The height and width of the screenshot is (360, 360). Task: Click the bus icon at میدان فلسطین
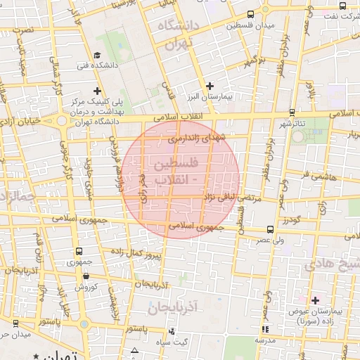pyautogui.click(x=251, y=15)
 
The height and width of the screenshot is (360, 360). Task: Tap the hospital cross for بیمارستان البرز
pyautogui.click(x=210, y=86)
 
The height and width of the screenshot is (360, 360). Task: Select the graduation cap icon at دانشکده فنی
pyautogui.click(x=96, y=56)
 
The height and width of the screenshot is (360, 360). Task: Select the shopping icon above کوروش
pyautogui.click(x=85, y=276)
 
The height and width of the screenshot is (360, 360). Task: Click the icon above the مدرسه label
pyautogui.click(x=265, y=329)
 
